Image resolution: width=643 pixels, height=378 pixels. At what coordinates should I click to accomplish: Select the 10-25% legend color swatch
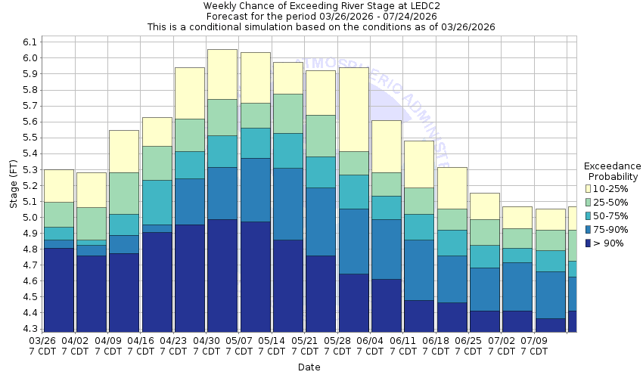pos(588,188)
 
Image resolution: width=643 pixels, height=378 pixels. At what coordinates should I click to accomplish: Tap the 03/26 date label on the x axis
pos(42,341)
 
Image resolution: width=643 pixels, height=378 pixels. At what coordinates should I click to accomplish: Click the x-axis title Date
pos(309,367)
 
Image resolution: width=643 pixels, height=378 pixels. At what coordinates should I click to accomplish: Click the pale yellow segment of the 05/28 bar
pos(354,109)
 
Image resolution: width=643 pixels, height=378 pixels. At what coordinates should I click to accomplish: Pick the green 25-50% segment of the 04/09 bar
pos(124,193)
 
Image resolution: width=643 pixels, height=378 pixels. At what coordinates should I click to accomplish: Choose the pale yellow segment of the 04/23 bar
pos(190,93)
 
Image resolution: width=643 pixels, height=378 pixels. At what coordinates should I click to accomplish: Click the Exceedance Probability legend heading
pos(612,172)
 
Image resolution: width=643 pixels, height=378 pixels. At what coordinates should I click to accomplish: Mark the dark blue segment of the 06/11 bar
pos(419,316)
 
